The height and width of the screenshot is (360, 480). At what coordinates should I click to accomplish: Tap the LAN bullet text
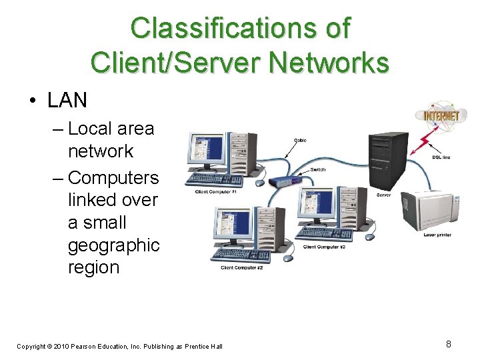[67, 100]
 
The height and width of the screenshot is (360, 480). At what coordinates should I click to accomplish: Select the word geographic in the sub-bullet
[113, 245]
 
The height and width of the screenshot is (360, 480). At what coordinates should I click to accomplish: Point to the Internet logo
[441, 115]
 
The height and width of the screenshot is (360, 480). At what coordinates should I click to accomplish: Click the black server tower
[388, 160]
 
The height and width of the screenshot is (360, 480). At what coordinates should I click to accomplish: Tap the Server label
[383, 195]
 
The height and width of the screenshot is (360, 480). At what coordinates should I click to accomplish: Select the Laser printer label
[437, 235]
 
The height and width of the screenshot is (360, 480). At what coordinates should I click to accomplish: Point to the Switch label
[318, 169]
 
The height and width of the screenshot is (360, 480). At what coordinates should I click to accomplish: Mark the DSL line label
[441, 157]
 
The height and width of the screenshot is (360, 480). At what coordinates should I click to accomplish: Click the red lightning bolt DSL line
[421, 142]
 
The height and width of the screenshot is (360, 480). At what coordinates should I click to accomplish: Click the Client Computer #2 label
[241, 268]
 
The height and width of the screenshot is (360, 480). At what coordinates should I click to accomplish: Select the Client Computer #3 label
[324, 247]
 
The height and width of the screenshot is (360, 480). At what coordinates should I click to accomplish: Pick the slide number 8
[449, 344]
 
